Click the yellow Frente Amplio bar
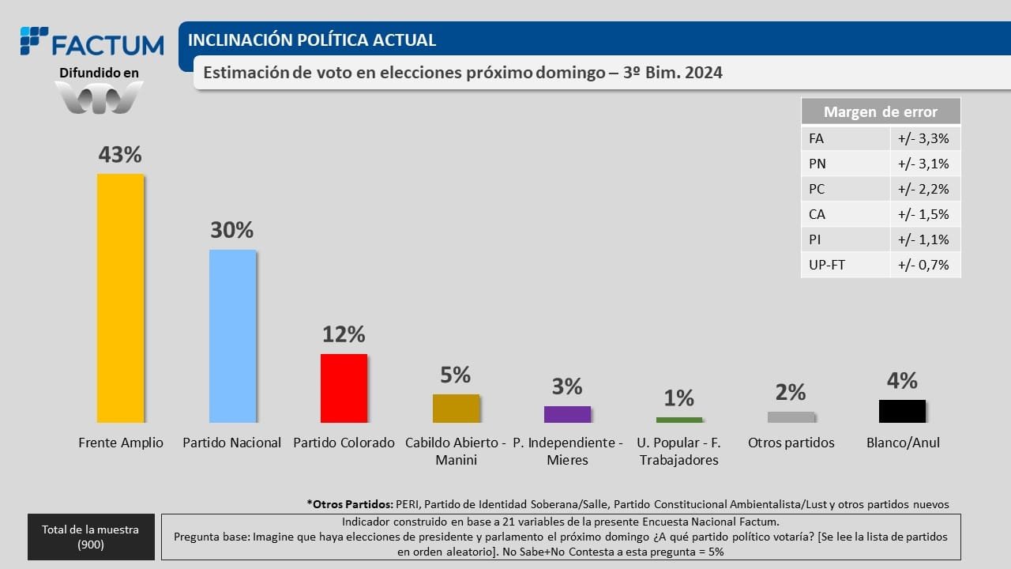(x=120, y=298)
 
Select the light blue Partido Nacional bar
(x=232, y=336)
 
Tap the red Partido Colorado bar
(x=344, y=388)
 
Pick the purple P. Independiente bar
(x=567, y=414)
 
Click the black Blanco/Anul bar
(x=902, y=411)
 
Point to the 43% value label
(x=120, y=155)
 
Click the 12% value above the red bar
(x=344, y=334)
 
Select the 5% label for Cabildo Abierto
(x=456, y=375)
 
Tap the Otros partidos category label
(x=791, y=443)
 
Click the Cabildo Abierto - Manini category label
(x=456, y=450)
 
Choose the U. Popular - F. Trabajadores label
(x=678, y=450)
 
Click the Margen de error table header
(x=881, y=111)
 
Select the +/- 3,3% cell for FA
(x=923, y=138)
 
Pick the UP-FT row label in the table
(x=827, y=265)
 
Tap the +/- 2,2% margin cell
(x=923, y=189)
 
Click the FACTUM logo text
(x=107, y=44)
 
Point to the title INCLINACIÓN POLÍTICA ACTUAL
(x=312, y=40)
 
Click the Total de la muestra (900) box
(x=92, y=537)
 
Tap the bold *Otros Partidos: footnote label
(x=349, y=503)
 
